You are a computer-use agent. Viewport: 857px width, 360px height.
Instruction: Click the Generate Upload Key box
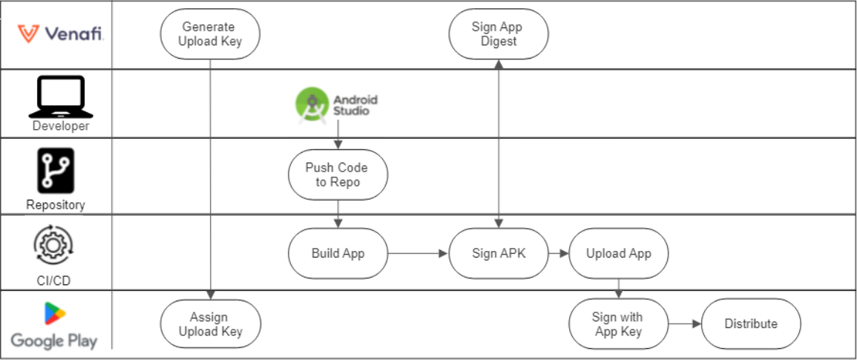[x=211, y=34]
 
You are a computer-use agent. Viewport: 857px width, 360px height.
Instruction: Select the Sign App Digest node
[x=499, y=34]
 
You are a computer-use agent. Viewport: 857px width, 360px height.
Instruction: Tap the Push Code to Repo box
[x=338, y=175]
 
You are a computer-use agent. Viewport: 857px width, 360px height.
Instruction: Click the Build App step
[x=338, y=253]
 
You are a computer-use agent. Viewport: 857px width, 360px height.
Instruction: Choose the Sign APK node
[x=499, y=253]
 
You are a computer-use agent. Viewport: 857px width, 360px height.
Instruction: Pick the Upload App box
[x=618, y=253]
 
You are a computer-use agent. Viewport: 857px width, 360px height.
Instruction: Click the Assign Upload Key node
[x=211, y=324]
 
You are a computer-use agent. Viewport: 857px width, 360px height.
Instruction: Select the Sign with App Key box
[x=618, y=324]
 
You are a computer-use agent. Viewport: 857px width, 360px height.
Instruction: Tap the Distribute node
[x=751, y=324]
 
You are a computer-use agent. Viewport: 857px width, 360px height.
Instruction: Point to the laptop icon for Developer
[x=60, y=97]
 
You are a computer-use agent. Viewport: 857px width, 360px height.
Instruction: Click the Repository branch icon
[x=56, y=171]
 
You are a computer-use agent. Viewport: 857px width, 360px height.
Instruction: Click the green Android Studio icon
[x=312, y=105]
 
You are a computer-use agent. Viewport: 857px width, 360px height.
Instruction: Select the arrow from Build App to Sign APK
[x=418, y=253]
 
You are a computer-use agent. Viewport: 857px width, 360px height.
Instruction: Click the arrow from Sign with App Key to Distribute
[x=684, y=324]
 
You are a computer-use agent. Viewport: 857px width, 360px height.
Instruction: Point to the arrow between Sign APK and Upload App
[x=558, y=253]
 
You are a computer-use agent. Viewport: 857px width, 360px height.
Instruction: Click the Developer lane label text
[x=60, y=126]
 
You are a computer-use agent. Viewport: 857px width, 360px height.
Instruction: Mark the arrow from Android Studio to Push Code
[x=338, y=137]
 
